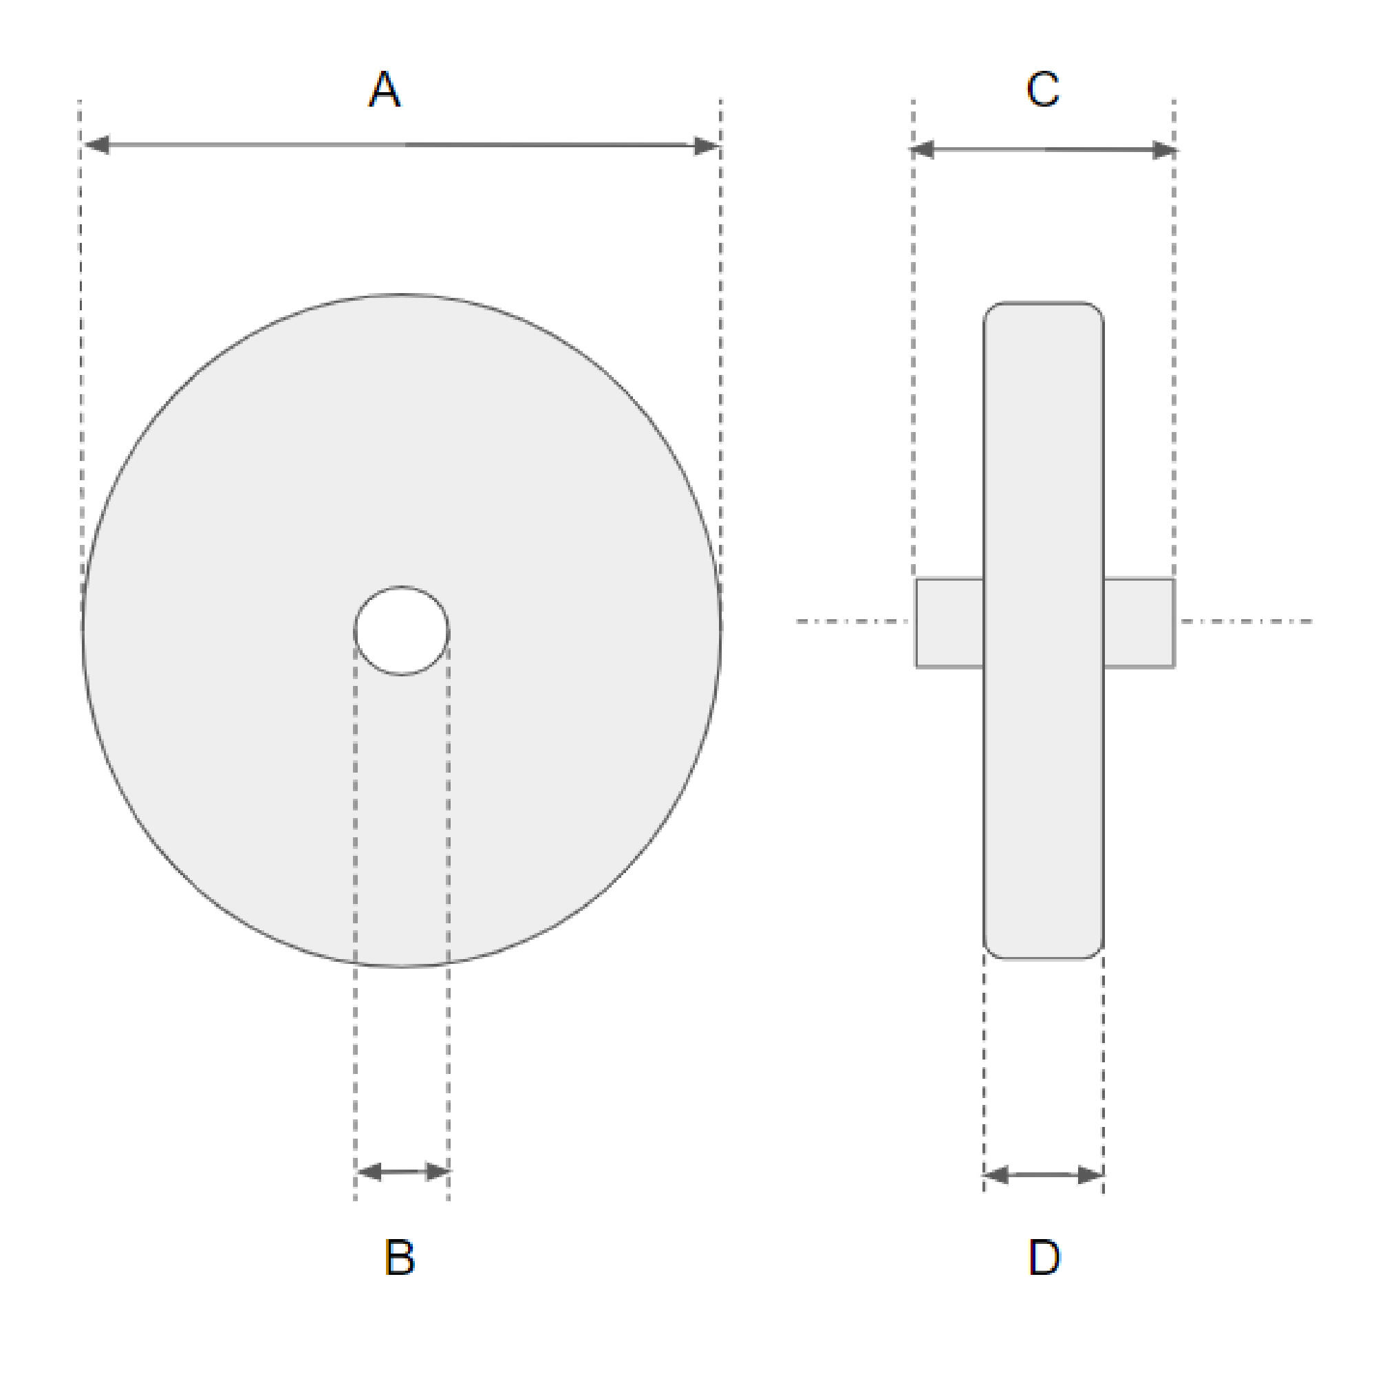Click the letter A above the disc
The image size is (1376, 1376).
tap(385, 89)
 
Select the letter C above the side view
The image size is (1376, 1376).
tap(1043, 89)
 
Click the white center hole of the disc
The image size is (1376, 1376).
tap(402, 630)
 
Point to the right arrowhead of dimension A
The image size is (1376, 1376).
tap(707, 146)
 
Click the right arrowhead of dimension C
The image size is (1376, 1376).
tap(1164, 150)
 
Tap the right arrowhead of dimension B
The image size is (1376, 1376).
tap(437, 1172)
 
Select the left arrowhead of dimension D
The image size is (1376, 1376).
tap(996, 1175)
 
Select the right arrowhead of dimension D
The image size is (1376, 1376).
tap(1090, 1175)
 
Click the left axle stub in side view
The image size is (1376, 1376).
tap(949, 623)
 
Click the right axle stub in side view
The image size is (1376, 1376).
tap(1138, 623)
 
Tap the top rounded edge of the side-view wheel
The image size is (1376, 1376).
tap(1044, 303)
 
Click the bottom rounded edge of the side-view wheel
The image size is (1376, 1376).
tap(1044, 958)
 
